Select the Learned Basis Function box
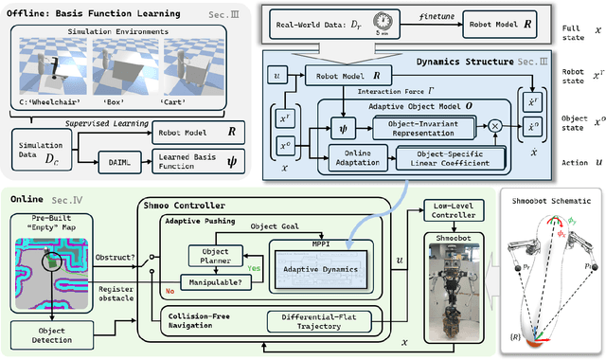[195, 160]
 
